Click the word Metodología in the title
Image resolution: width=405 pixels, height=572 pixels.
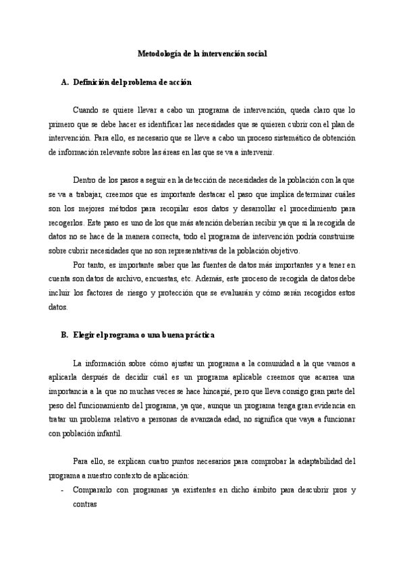point(155,53)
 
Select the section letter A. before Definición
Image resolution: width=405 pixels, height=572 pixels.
point(65,82)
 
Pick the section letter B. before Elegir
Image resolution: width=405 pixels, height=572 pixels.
point(65,335)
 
